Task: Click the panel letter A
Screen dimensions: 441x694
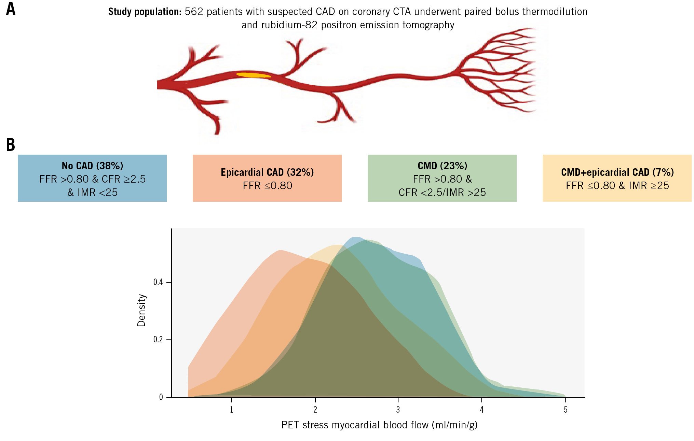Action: (11, 9)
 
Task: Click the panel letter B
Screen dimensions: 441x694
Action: (11, 145)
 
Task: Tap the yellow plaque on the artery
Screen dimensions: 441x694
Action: (254, 75)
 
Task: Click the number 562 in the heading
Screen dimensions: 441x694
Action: (194, 12)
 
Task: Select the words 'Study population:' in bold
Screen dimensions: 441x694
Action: (145, 12)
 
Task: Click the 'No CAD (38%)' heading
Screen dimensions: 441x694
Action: (92, 166)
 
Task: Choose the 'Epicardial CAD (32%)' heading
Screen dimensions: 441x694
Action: (267, 172)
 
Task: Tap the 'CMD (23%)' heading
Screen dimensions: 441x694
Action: (442, 166)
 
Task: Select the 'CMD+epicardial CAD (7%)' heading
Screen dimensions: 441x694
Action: (617, 172)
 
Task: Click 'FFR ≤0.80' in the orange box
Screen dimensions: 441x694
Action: (267, 186)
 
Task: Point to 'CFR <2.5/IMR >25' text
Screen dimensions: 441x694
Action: (442, 193)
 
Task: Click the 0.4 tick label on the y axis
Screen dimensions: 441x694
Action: (158, 282)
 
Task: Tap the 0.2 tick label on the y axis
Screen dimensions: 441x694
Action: (158, 340)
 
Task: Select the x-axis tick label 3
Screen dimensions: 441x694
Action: (398, 409)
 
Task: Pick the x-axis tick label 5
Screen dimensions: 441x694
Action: (566, 409)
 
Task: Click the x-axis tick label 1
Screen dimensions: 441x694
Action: (231, 409)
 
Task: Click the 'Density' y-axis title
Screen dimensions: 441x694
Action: (141, 310)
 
